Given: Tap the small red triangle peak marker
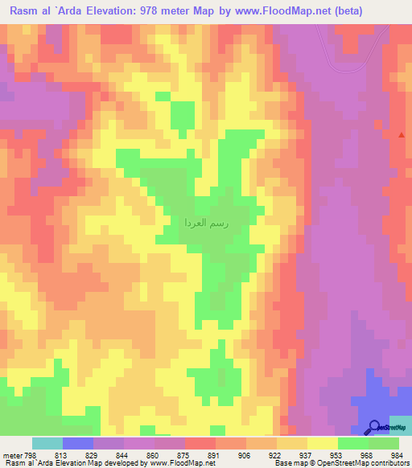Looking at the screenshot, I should click(x=402, y=135).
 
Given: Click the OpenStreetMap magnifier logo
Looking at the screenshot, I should click(x=374, y=427).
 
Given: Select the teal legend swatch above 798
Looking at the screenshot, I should click(x=47, y=443).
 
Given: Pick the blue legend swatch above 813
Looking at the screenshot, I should click(x=78, y=443).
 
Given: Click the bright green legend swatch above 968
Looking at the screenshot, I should click(x=352, y=443).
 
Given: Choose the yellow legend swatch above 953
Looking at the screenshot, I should click(x=322, y=443).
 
